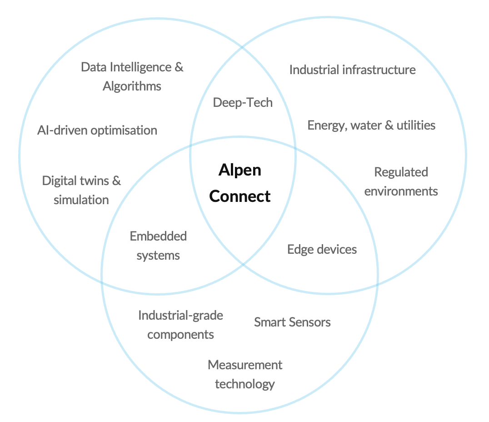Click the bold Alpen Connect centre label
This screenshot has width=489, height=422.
click(x=240, y=183)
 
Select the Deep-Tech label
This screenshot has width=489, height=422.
click(x=243, y=102)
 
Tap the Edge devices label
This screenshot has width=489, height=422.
click(x=322, y=249)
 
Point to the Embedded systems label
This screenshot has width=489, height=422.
click(x=158, y=246)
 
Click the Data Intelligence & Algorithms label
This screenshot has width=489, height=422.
click(x=132, y=76)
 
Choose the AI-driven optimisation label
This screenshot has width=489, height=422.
click(x=97, y=131)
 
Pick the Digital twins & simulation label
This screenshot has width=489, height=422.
click(x=81, y=190)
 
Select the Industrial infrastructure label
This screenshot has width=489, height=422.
click(x=352, y=70)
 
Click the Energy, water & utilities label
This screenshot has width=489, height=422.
click(x=371, y=125)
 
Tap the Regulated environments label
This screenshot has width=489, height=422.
click(x=401, y=181)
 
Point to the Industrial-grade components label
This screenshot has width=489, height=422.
click(x=180, y=325)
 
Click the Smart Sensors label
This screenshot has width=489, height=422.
click(x=292, y=322)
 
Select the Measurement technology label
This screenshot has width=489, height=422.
click(x=245, y=374)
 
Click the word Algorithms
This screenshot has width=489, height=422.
click(x=132, y=86)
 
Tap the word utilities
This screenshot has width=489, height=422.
click(x=416, y=125)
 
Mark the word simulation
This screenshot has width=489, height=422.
click(x=81, y=200)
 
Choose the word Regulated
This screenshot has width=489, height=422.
click(x=401, y=172)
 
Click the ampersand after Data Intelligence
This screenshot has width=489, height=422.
click(x=179, y=67)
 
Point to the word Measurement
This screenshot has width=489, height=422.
click(x=245, y=365)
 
